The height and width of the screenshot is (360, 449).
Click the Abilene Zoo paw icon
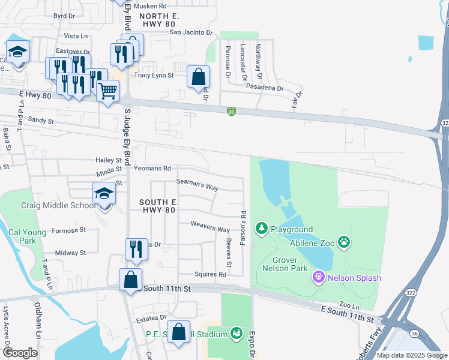click(344, 242)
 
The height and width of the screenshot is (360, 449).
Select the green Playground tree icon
click(261, 229)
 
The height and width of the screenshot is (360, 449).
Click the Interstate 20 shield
click(231, 112)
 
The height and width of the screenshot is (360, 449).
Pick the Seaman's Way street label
click(197, 187)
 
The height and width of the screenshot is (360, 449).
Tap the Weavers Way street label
click(210, 230)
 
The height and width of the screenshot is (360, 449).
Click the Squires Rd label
click(210, 275)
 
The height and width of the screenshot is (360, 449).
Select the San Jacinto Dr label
click(191, 32)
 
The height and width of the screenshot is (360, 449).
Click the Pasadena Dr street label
click(265, 88)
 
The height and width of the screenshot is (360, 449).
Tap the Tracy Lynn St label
click(154, 76)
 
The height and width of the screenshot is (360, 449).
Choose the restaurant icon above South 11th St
click(136, 249)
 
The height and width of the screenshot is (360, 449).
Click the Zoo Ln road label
click(348, 305)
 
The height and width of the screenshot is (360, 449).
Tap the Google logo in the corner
click(20, 353)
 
